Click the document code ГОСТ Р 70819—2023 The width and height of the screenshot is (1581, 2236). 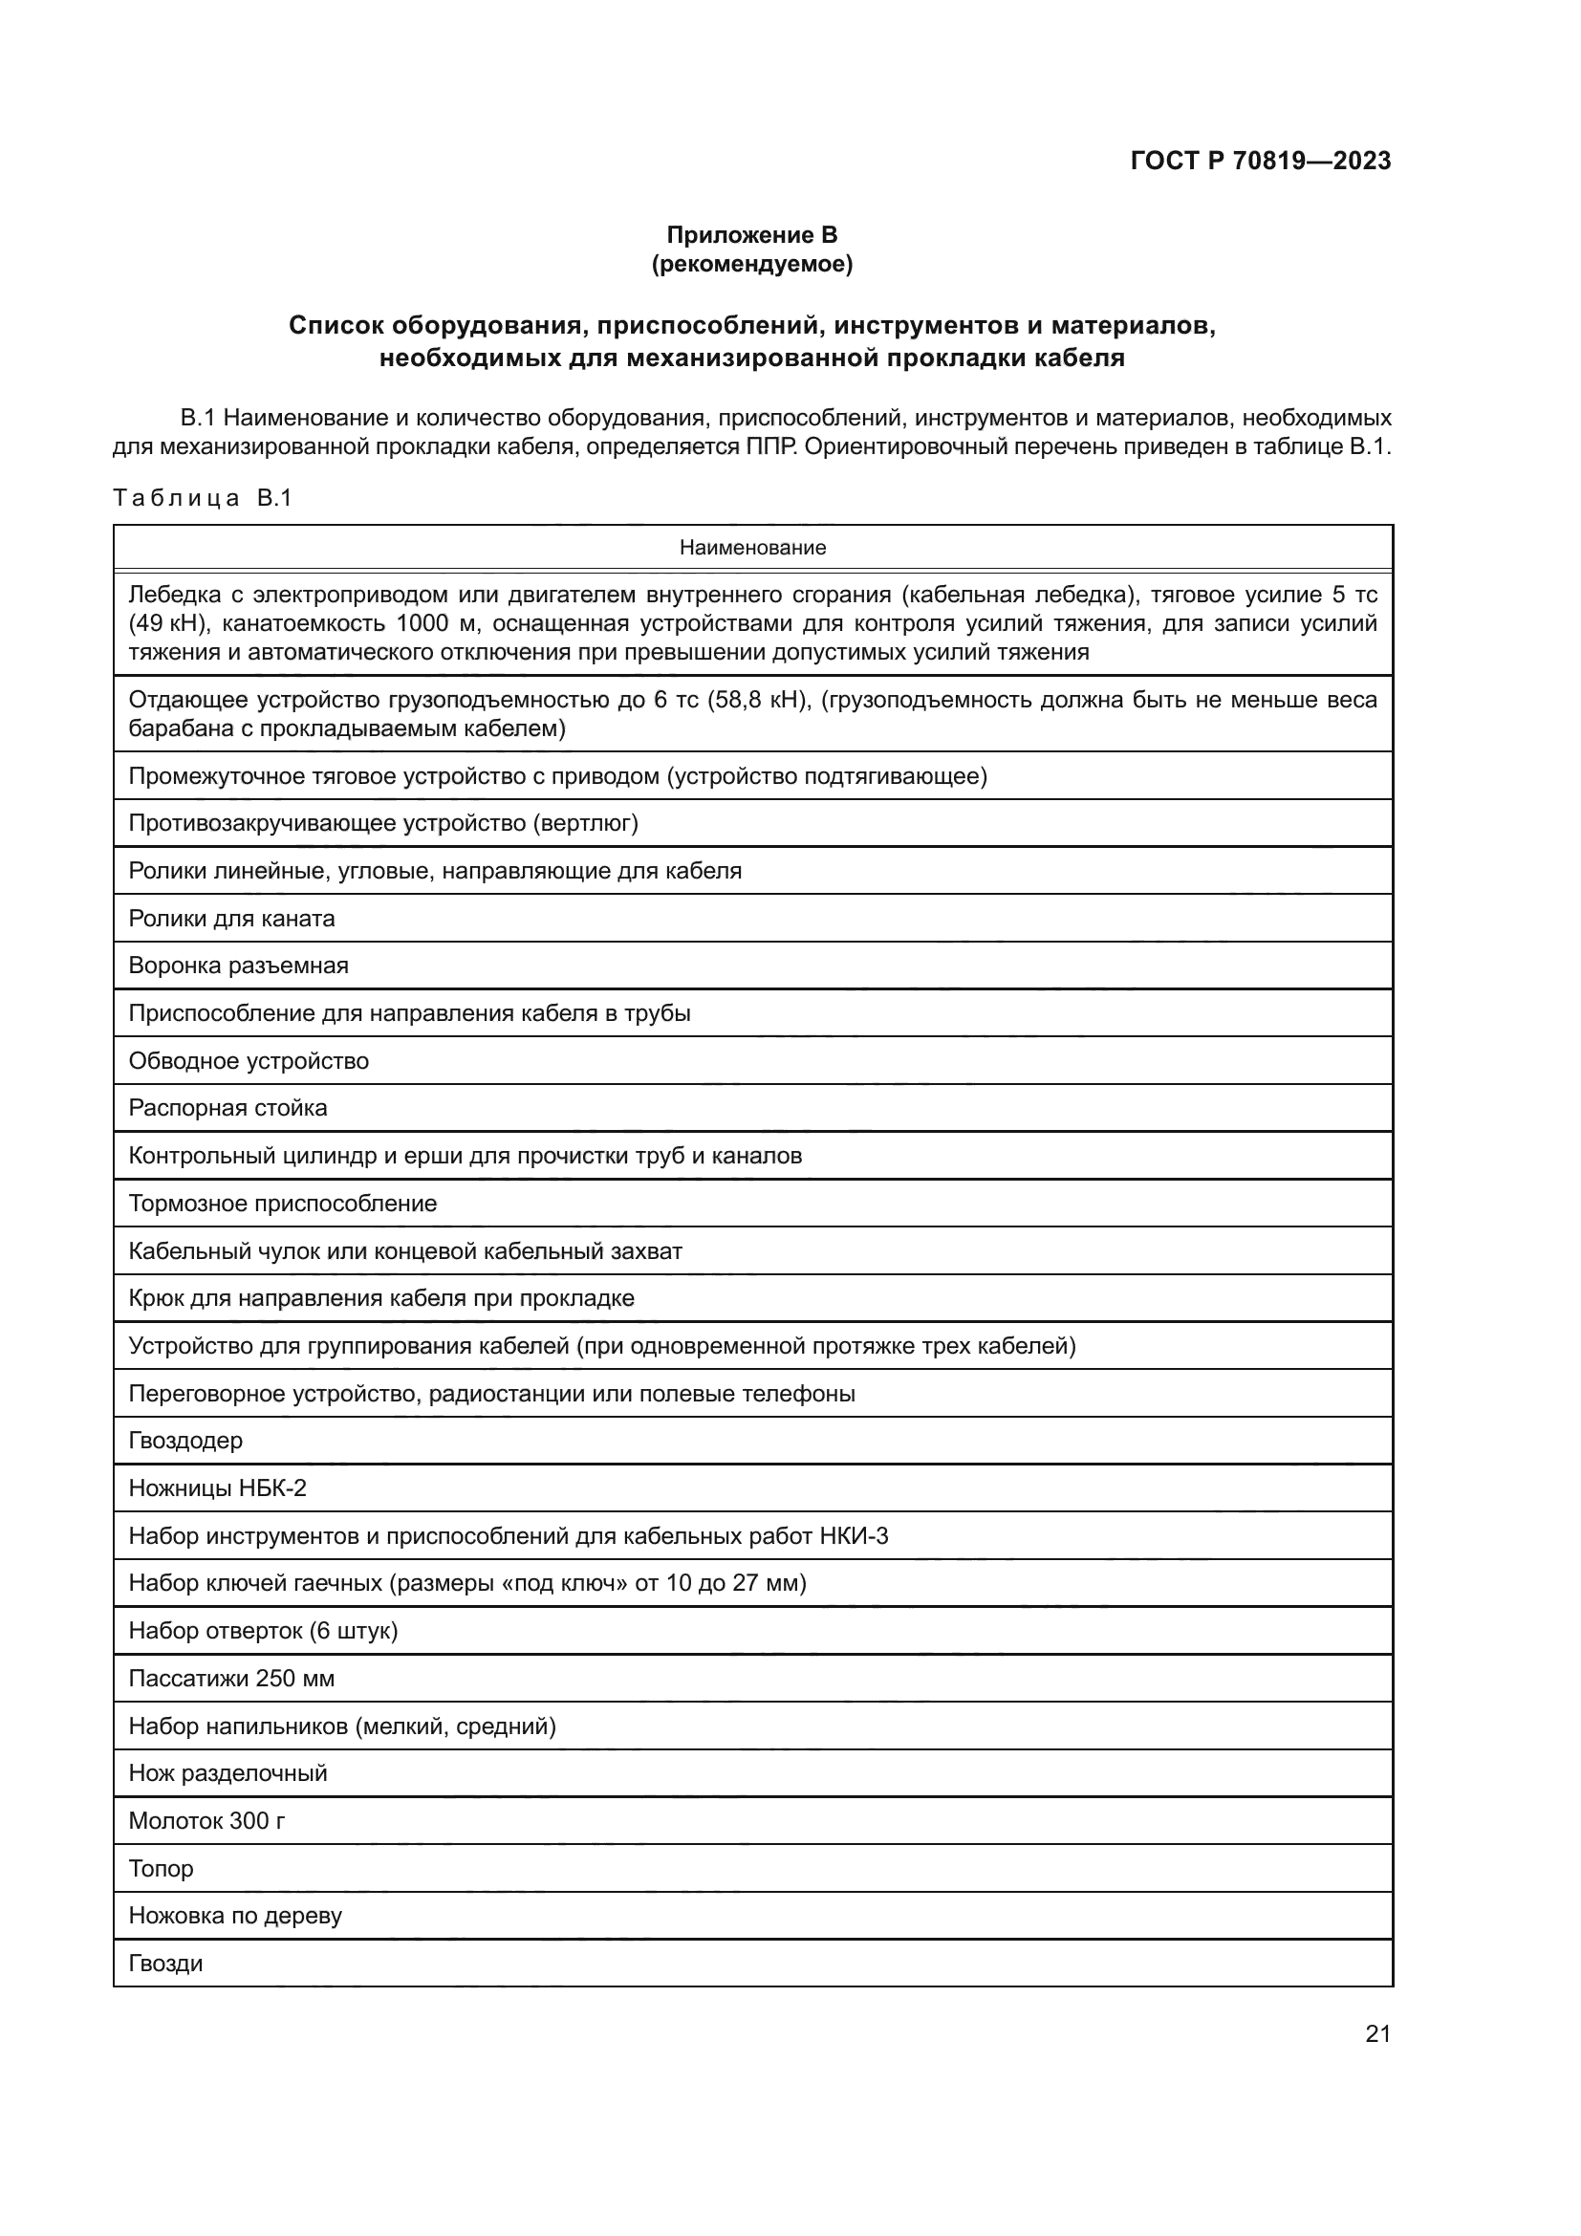[x=1261, y=161]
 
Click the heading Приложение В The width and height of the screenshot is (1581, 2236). [x=751, y=235]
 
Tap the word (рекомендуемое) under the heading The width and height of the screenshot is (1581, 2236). [x=751, y=264]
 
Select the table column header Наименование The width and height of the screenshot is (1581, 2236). [x=751, y=548]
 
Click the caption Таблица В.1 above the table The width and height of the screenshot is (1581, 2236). [x=203, y=499]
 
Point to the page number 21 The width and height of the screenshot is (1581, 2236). [x=1377, y=2033]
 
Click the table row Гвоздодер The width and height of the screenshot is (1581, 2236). [x=186, y=1441]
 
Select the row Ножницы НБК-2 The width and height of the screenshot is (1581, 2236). [x=217, y=1488]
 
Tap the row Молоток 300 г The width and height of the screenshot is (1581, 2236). [x=206, y=1821]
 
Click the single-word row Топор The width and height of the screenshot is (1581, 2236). [x=161, y=1868]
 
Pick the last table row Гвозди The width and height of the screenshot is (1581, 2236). [x=165, y=1964]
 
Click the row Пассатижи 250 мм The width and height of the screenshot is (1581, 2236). [x=231, y=1678]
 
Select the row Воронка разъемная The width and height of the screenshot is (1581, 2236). [x=239, y=966]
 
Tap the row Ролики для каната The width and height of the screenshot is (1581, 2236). [x=231, y=919]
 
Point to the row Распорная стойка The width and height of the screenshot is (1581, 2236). [x=227, y=1107]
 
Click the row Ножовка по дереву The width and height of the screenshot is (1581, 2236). [x=235, y=1916]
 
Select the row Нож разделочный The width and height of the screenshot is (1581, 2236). [x=227, y=1773]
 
